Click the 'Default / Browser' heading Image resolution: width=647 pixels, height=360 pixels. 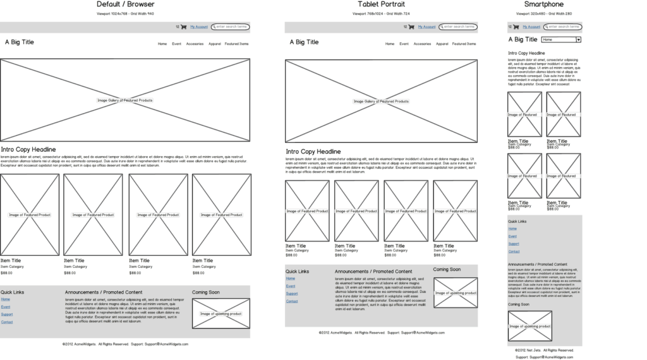(125, 4)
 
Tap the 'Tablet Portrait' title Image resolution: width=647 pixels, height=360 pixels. (381, 4)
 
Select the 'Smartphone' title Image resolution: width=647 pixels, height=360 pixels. (543, 4)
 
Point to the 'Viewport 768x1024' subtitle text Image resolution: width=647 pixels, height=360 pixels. (381, 13)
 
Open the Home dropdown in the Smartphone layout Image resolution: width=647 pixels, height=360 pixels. (561, 40)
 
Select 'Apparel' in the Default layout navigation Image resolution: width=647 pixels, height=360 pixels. (214, 44)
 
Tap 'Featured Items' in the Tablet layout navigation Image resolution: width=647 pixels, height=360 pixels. (464, 44)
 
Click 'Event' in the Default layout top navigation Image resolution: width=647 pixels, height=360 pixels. (176, 44)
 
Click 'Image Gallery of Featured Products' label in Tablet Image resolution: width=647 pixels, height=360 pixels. (381, 101)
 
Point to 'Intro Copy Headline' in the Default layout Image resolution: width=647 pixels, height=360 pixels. (28, 150)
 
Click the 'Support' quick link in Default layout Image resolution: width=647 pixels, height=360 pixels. (6, 314)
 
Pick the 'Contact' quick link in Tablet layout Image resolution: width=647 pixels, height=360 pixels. (291, 301)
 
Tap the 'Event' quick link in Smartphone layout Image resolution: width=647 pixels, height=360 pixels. (512, 236)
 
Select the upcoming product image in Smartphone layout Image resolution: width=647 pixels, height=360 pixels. (529, 326)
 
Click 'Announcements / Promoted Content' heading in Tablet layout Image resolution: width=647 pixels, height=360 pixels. (373, 272)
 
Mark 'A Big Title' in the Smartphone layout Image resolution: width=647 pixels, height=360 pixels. (523, 40)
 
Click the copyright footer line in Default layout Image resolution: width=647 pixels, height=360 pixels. (125, 344)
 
